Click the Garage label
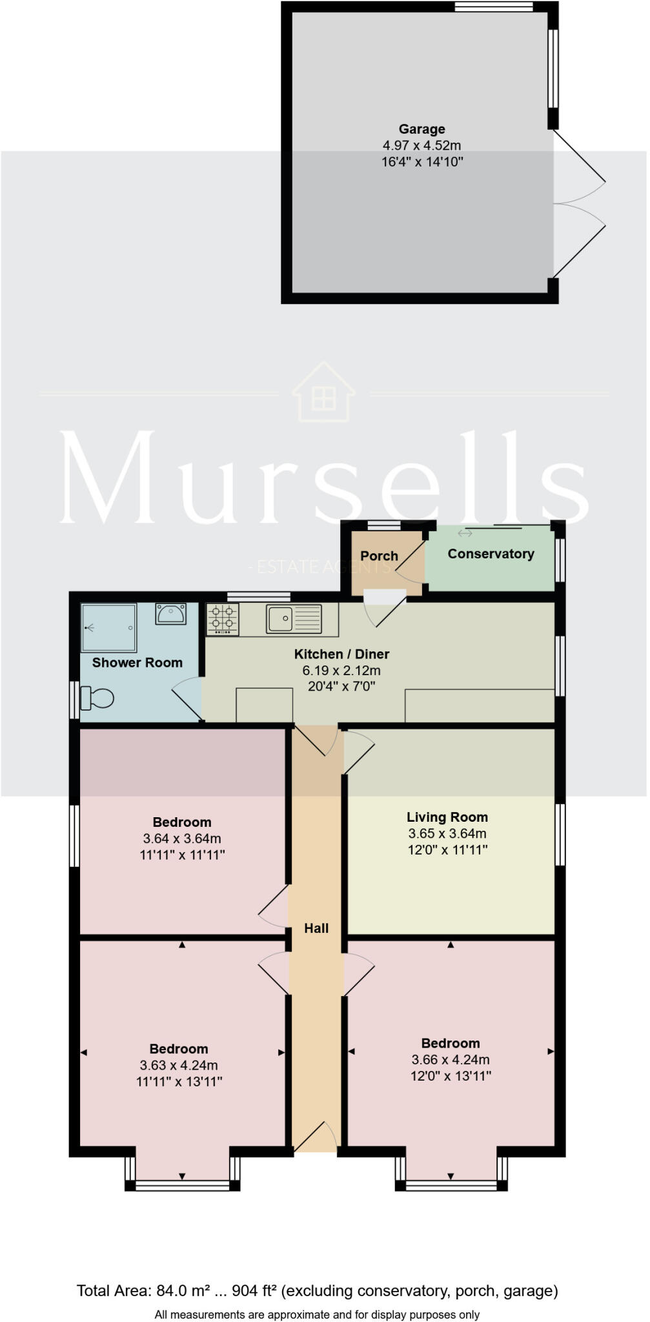[421, 129]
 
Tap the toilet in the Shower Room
[98, 698]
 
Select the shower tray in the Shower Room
[108, 627]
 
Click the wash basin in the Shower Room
[171, 613]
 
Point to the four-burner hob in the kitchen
[223, 619]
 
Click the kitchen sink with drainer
[294, 619]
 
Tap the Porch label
[379, 556]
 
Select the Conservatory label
[491, 554]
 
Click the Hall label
[316, 928]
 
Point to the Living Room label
[447, 817]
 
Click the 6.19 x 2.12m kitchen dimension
[341, 671]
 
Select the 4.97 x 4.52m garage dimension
[421, 146]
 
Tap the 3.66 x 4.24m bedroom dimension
[450, 1059]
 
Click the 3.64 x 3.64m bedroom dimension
[182, 839]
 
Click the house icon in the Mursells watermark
[323, 393]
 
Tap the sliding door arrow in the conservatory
[465, 533]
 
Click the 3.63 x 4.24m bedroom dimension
[179, 1065]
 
